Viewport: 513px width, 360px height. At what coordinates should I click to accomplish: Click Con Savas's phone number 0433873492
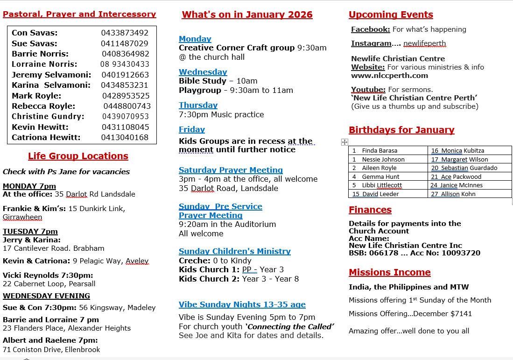125,33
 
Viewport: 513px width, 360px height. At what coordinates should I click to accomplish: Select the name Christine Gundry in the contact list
48,116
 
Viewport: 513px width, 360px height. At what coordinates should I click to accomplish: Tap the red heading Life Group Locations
78,156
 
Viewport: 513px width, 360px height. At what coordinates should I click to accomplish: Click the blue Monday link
195,39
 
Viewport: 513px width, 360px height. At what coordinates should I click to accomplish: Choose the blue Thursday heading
198,105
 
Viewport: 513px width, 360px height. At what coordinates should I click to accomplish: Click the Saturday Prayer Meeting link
231,170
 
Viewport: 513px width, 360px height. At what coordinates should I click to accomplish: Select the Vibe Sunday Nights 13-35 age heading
242,304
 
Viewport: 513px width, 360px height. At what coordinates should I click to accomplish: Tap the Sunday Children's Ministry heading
234,251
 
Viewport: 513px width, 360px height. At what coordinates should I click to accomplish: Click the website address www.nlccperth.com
389,75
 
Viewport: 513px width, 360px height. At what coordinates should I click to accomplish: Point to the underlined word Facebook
370,29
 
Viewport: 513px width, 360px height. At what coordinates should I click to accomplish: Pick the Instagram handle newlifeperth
424,43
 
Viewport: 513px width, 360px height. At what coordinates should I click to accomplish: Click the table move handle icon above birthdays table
344,142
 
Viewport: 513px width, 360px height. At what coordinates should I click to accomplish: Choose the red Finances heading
370,210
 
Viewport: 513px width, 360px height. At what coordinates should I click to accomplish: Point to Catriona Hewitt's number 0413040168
125,137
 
